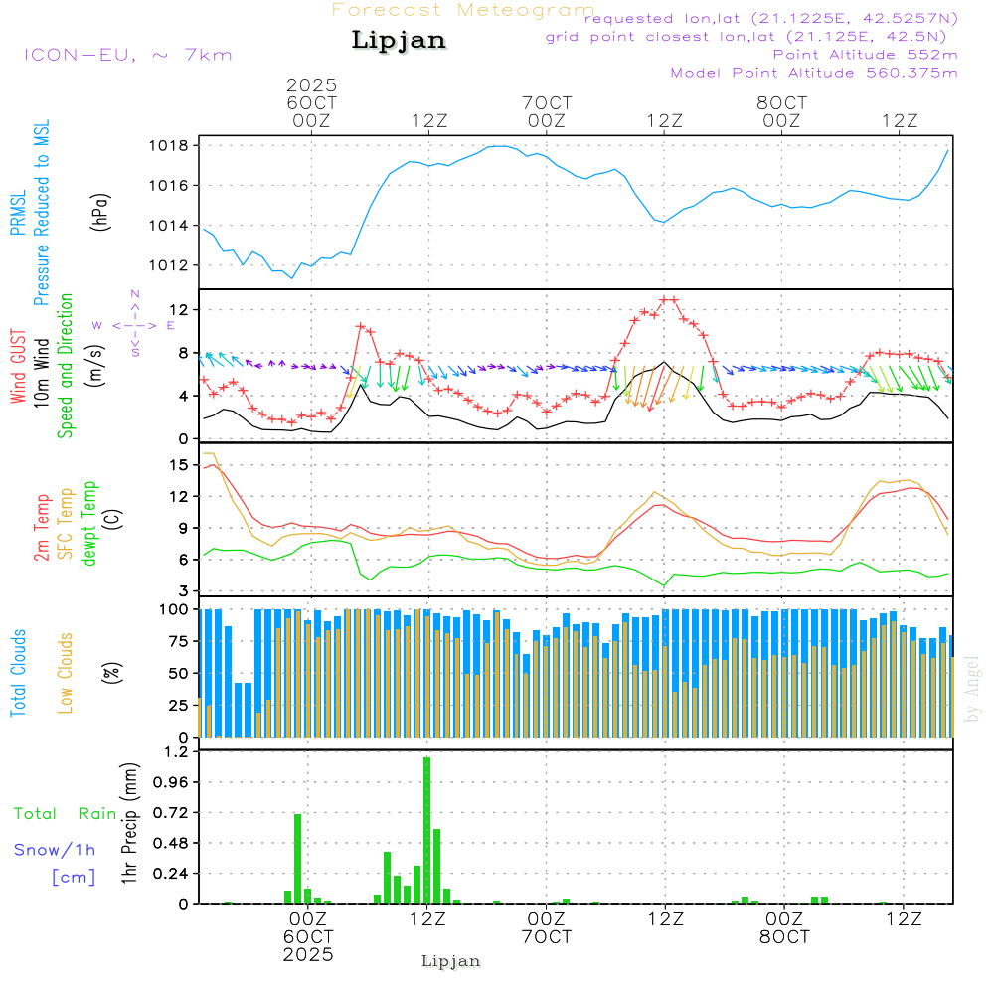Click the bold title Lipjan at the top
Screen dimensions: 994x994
(x=399, y=41)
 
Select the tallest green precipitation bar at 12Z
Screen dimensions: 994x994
(x=426, y=830)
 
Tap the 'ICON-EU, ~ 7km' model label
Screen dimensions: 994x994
(x=127, y=55)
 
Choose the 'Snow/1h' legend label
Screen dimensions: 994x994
(x=55, y=850)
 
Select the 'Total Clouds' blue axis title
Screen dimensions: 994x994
(x=19, y=673)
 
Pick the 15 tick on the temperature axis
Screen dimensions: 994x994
(x=180, y=465)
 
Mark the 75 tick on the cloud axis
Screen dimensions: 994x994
(x=178, y=642)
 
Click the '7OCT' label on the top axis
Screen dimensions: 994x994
(x=547, y=102)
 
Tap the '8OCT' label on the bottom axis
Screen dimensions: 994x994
(x=783, y=937)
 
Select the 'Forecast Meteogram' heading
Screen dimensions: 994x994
(x=462, y=10)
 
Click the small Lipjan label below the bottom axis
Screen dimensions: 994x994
(x=451, y=961)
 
